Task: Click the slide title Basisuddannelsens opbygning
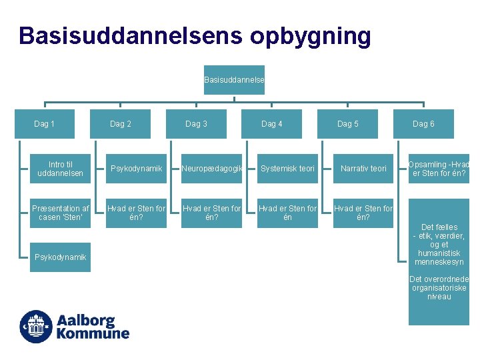pyautogui.click(x=195, y=36)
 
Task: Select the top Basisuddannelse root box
pyautogui.click(x=234, y=80)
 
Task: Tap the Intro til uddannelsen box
pyautogui.click(x=61, y=169)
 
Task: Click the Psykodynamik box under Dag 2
pyautogui.click(x=136, y=169)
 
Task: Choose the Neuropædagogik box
pyautogui.click(x=212, y=169)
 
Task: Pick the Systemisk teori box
pyautogui.click(x=287, y=169)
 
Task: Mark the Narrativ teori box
pyautogui.click(x=363, y=169)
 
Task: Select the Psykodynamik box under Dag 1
pyautogui.click(x=61, y=257)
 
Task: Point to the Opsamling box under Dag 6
pyautogui.click(x=439, y=169)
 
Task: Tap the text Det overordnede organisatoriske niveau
pyautogui.click(x=439, y=288)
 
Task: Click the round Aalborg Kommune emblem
pyautogui.click(x=36, y=327)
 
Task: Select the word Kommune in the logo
pyautogui.click(x=93, y=333)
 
